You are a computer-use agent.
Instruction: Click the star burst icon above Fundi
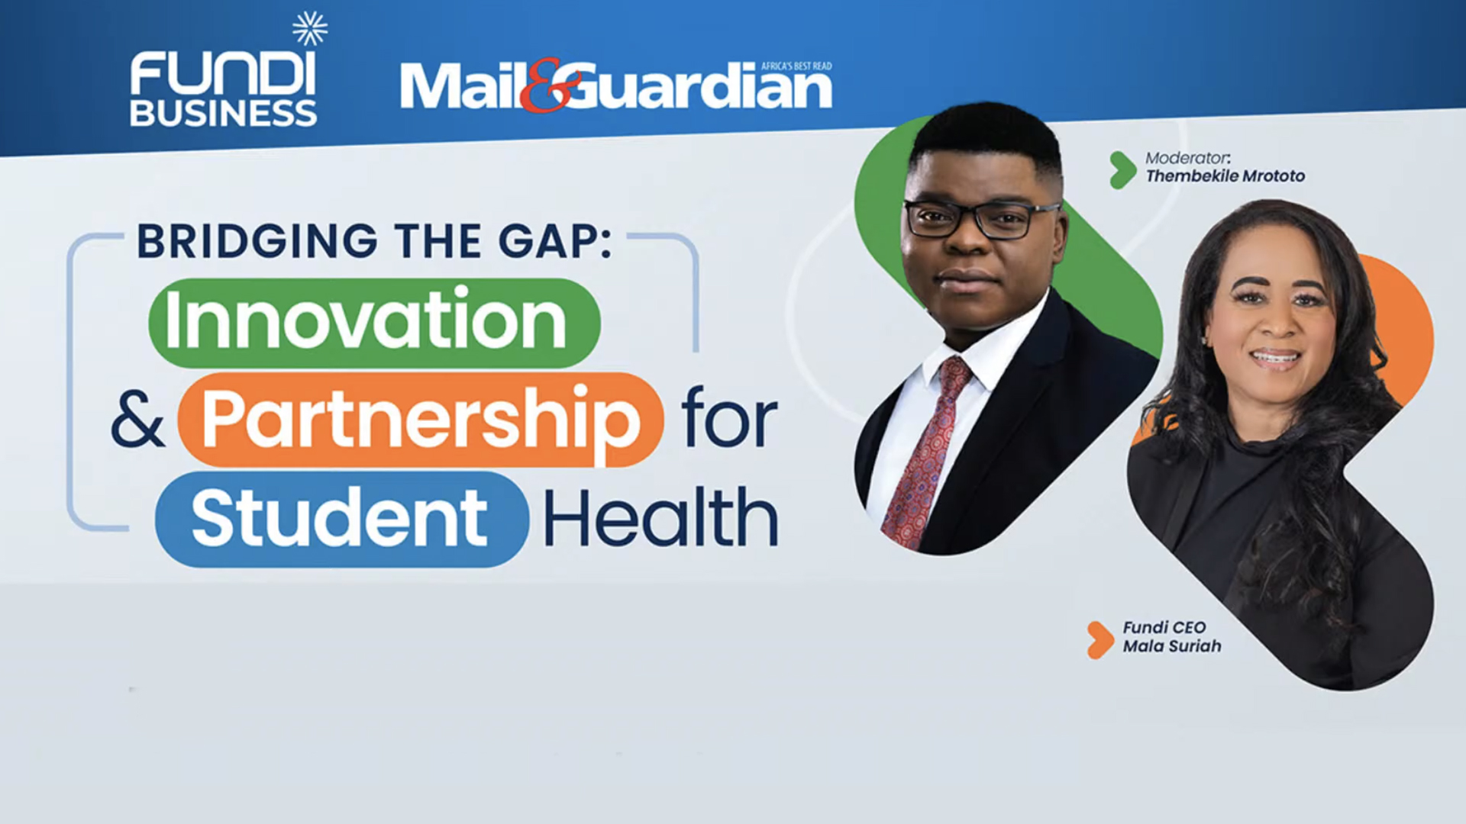(x=309, y=29)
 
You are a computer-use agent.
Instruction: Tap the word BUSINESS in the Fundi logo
(x=223, y=114)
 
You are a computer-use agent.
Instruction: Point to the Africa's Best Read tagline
(x=796, y=66)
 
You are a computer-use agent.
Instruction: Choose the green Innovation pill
(x=374, y=323)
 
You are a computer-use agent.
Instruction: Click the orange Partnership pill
(x=420, y=420)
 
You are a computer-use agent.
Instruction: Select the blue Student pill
(x=341, y=520)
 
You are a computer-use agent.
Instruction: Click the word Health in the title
(x=660, y=520)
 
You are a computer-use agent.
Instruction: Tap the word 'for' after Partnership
(x=729, y=420)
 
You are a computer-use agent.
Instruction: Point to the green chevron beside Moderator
(x=1122, y=169)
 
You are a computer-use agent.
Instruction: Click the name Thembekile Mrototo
(x=1225, y=176)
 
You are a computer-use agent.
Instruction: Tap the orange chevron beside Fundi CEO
(x=1100, y=639)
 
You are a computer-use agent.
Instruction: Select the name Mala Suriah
(x=1172, y=646)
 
